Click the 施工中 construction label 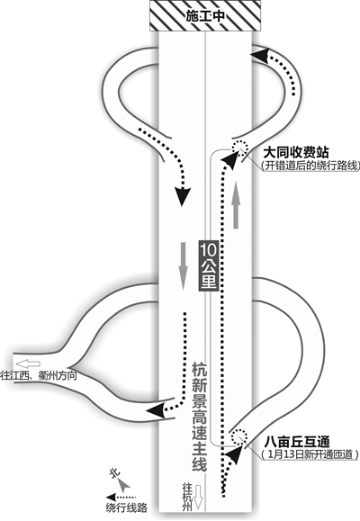point(205,16)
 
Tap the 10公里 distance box point(209,265)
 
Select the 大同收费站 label point(296,153)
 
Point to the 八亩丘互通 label point(297,442)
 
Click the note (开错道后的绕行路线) point(310,166)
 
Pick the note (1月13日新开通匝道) point(310,454)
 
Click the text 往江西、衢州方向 point(39,375)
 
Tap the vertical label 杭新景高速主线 point(200,417)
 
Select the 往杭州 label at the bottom point(188,497)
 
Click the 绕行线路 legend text point(127,508)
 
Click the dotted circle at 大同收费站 point(239,147)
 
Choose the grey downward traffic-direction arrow point(183,266)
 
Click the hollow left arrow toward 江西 point(28,364)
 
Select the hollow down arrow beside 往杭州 point(198,497)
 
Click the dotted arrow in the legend point(121,497)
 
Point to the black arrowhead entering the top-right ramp point(260,56)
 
